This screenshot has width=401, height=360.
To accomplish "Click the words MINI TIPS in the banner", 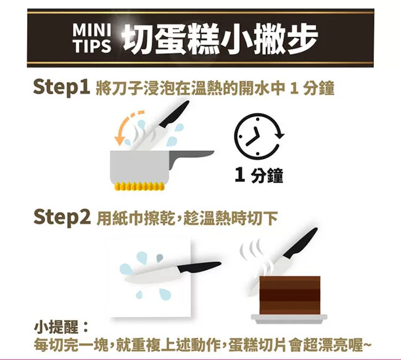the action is pos(92,38).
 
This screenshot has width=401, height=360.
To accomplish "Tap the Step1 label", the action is pos(61,87).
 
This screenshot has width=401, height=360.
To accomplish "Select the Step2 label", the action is pos(62,218).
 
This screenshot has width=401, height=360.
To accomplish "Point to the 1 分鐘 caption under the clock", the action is pos(259,176).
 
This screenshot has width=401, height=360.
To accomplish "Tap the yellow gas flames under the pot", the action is pos(139,186).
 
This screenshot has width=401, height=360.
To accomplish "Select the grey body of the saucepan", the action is pos(140,166).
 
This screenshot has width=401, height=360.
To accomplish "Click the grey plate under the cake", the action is pos(289,317).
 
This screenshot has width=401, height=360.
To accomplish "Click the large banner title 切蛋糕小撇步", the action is pos(220,38).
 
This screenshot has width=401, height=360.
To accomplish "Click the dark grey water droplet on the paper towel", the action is pos(160,258).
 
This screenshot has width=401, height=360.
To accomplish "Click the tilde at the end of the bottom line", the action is pos(366,345).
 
